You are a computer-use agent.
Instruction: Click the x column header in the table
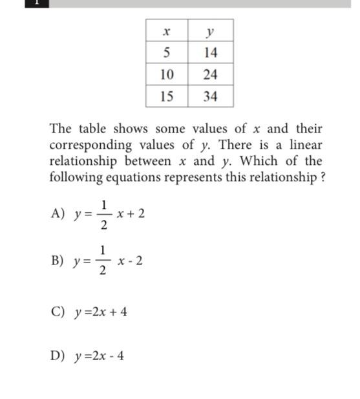click(166, 30)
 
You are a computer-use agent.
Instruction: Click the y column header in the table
click(210, 30)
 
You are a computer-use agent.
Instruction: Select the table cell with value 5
click(166, 52)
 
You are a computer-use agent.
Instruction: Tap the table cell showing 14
click(210, 52)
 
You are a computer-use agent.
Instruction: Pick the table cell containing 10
click(166, 74)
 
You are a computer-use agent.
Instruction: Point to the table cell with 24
click(210, 74)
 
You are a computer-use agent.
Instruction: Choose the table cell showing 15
click(166, 96)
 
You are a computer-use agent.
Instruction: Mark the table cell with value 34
click(210, 96)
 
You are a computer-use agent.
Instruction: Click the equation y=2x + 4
click(100, 312)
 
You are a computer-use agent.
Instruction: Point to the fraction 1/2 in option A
click(104, 214)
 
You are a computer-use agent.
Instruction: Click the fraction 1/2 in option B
click(104, 261)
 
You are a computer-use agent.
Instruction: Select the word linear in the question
click(304, 145)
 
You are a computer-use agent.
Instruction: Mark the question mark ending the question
click(321, 177)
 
